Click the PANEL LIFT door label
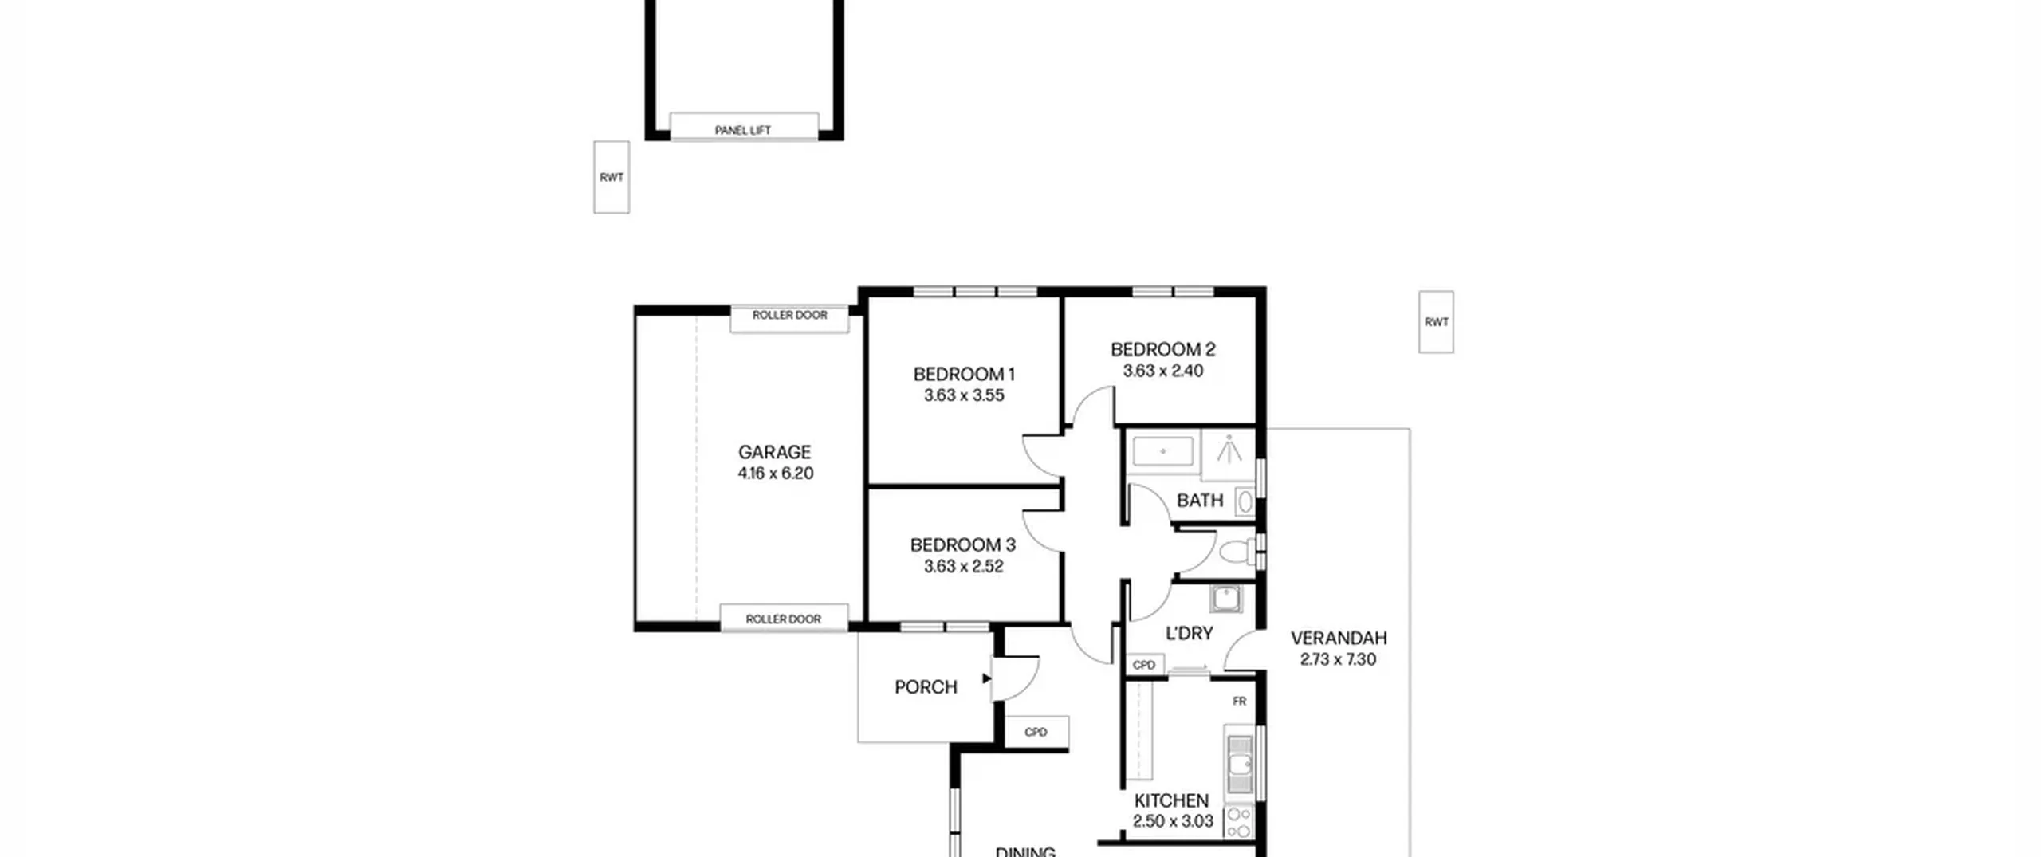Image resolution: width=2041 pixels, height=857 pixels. click(742, 130)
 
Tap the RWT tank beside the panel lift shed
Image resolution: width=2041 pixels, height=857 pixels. click(612, 177)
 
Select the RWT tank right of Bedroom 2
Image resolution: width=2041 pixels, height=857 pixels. click(1436, 322)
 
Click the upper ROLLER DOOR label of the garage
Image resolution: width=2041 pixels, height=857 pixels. click(789, 315)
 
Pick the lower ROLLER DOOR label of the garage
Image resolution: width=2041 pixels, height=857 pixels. click(783, 619)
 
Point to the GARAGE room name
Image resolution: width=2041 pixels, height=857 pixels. click(774, 452)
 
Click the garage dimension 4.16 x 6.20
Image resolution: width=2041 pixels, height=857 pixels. click(775, 474)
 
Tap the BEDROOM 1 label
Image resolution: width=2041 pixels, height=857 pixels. click(964, 374)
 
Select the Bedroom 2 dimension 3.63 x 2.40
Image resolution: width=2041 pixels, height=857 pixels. click(1163, 371)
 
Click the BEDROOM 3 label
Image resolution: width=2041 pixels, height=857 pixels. click(963, 545)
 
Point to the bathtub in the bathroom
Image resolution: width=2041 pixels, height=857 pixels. click(1163, 451)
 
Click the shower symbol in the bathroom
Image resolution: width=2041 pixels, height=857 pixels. click(1229, 450)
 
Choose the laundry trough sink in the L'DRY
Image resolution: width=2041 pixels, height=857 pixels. click(1225, 599)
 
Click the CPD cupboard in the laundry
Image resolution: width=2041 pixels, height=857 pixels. click(1144, 665)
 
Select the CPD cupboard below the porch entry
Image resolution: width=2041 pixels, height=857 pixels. click(1036, 732)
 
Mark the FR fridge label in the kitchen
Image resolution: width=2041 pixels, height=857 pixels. click(1239, 702)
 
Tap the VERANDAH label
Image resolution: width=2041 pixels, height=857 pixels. click(1339, 638)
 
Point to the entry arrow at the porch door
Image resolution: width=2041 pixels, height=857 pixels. click(986, 678)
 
